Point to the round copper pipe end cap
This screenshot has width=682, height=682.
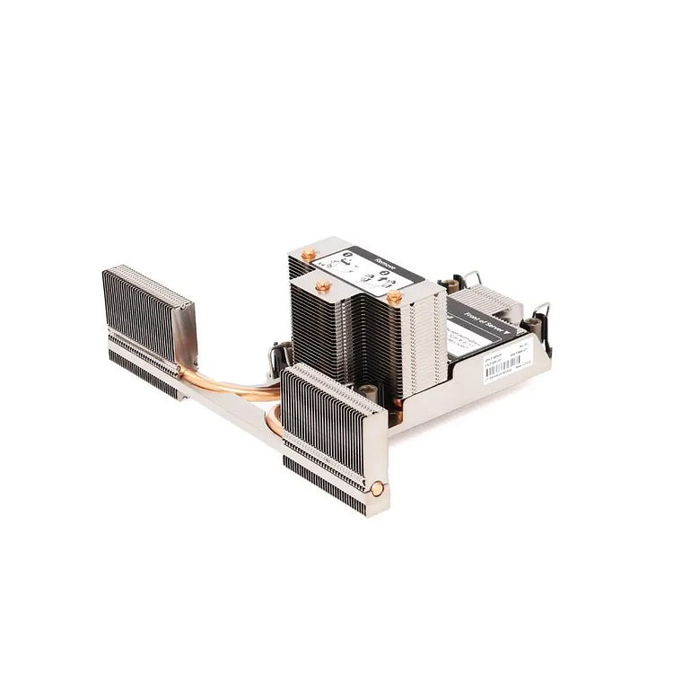(x=378, y=490)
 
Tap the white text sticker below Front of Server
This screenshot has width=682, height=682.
(x=476, y=345)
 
